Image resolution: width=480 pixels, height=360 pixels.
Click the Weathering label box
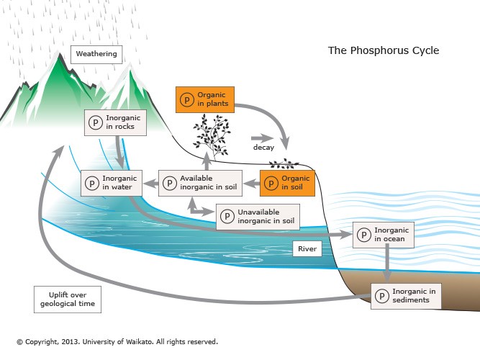point(96,54)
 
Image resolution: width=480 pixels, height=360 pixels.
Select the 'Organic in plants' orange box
point(204,99)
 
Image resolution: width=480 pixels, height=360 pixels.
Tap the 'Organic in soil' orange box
point(287,183)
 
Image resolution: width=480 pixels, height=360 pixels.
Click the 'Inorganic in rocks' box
point(115,122)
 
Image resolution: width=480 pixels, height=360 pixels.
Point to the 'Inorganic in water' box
point(112,183)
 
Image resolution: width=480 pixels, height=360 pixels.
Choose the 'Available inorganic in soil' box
point(200,183)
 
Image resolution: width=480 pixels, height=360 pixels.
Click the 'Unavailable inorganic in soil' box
point(258,215)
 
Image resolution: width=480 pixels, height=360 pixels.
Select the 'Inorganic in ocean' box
point(384,235)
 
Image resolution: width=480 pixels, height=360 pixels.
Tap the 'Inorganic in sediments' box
point(404,296)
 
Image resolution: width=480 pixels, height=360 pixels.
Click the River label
point(305,249)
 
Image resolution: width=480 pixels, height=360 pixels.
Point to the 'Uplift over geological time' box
point(67,300)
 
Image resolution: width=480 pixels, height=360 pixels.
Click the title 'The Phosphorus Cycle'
point(383,50)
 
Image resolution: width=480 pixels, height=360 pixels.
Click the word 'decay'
point(264,147)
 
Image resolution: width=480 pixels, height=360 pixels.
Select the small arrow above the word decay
point(259,137)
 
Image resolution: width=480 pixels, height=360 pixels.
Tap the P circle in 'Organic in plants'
point(186,99)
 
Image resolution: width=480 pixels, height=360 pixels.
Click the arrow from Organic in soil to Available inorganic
point(252,184)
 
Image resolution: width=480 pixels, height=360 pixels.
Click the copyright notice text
point(117,342)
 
